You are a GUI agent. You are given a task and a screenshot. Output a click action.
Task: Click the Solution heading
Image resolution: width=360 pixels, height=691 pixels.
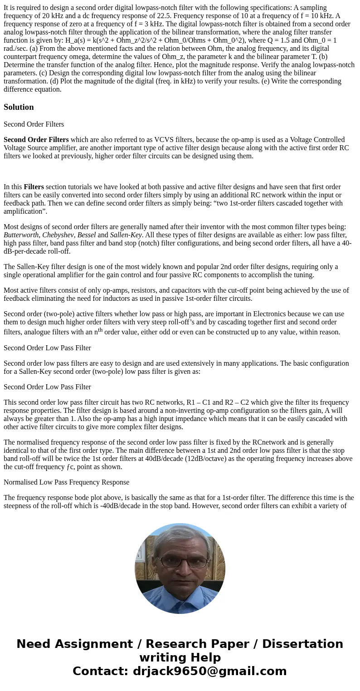click(19, 107)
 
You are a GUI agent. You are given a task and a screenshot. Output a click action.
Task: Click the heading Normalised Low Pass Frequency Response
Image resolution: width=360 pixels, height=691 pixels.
click(66, 482)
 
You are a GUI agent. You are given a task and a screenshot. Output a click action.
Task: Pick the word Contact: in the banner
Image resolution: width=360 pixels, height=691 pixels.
click(100, 671)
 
